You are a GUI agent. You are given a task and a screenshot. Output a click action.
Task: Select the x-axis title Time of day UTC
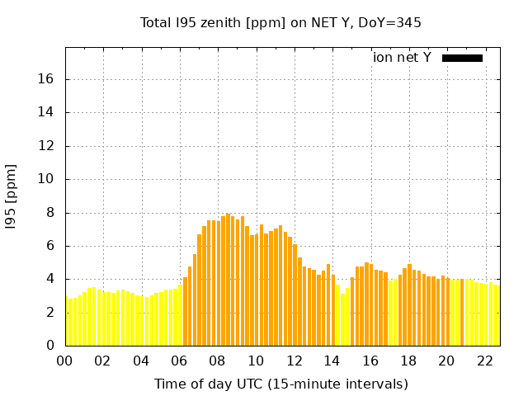[x=281, y=384]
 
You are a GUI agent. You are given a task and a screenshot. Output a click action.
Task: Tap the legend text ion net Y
[x=402, y=58]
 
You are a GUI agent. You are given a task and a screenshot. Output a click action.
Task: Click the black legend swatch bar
[x=462, y=58]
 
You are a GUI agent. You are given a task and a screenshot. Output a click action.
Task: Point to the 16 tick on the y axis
[x=47, y=79]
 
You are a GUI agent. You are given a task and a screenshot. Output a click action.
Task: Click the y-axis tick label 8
[x=50, y=213]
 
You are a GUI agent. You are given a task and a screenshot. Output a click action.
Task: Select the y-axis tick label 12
[x=47, y=146]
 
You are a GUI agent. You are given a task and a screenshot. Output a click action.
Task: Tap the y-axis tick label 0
[x=50, y=346]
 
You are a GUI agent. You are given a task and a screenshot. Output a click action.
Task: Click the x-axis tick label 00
[x=66, y=361]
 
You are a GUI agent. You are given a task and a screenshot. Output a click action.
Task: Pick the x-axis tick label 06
[x=180, y=361]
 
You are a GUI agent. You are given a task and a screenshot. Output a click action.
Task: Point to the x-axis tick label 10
[x=256, y=361]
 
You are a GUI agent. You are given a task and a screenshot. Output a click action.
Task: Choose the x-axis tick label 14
[x=332, y=361]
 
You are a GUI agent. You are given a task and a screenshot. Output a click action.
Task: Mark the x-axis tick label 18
[x=408, y=361]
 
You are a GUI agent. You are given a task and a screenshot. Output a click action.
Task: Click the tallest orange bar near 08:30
[x=228, y=280]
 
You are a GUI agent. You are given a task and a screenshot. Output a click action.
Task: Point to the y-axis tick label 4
[x=50, y=279]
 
